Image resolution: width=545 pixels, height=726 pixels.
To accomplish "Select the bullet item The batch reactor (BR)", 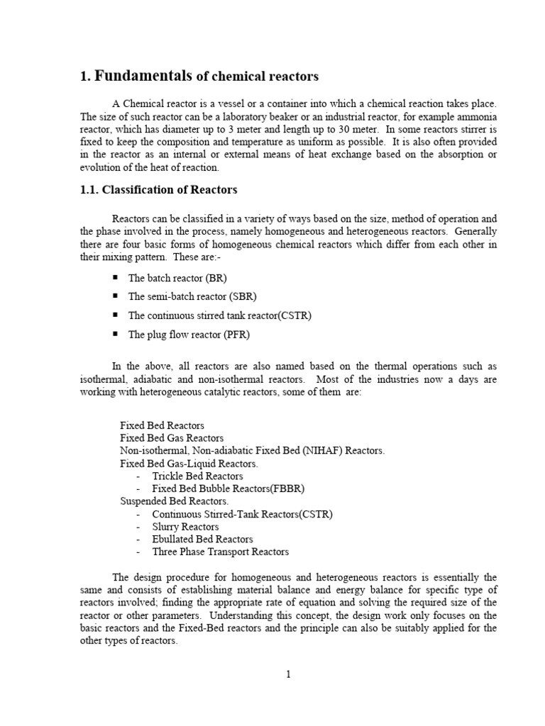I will coord(177,279).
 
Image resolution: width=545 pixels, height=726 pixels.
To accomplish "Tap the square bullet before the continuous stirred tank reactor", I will coord(115,315).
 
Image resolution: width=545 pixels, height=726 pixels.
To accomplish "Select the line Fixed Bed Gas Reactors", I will coord(172,438).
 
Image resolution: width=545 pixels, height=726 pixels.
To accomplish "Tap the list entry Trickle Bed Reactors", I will coord(197,476).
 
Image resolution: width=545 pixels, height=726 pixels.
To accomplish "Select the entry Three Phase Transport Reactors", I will coord(221,552).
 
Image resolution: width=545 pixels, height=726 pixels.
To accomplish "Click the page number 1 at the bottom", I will coord(289,674).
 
